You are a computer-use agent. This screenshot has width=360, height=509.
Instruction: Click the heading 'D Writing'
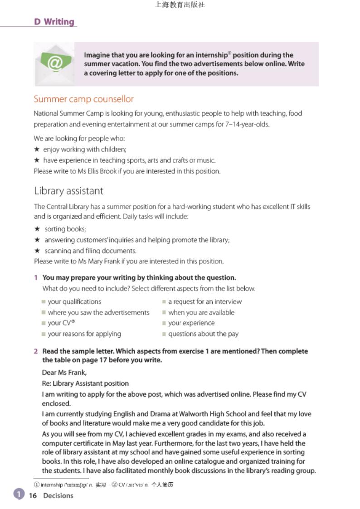pyautogui.click(x=54, y=22)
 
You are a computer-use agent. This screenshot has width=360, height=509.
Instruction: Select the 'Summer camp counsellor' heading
pyautogui.click(x=84, y=99)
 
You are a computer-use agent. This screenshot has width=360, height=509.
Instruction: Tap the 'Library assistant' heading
pyautogui.click(x=68, y=191)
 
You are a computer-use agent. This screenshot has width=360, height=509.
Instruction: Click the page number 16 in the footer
pyautogui.click(x=33, y=495)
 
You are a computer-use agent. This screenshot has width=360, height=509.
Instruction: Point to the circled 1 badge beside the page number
pyautogui.click(x=19, y=494)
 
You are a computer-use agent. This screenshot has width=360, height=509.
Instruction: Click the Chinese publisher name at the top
pyautogui.click(x=180, y=5)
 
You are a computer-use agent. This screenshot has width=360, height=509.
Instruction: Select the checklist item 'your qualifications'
pyautogui.click(x=74, y=301)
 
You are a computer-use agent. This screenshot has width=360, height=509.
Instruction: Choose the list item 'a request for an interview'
pyautogui.click(x=205, y=301)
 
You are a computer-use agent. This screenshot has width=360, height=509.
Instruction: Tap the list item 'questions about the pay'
pyautogui.click(x=203, y=334)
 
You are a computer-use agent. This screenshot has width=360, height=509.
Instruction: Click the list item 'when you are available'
pyautogui.click(x=201, y=312)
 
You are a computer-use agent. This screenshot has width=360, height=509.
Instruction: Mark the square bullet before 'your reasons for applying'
pyautogui.click(x=44, y=334)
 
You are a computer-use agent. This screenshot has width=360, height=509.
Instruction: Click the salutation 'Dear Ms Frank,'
pyautogui.click(x=64, y=373)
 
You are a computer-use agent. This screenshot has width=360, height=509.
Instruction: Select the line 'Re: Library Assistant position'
pyautogui.click(x=85, y=383)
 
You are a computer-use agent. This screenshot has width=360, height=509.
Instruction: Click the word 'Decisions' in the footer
pyautogui.click(x=58, y=495)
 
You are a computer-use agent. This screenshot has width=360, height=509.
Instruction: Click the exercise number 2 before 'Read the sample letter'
pyautogui.click(x=35, y=351)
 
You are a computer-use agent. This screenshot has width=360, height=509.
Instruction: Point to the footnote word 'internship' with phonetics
pyautogui.click(x=51, y=485)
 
